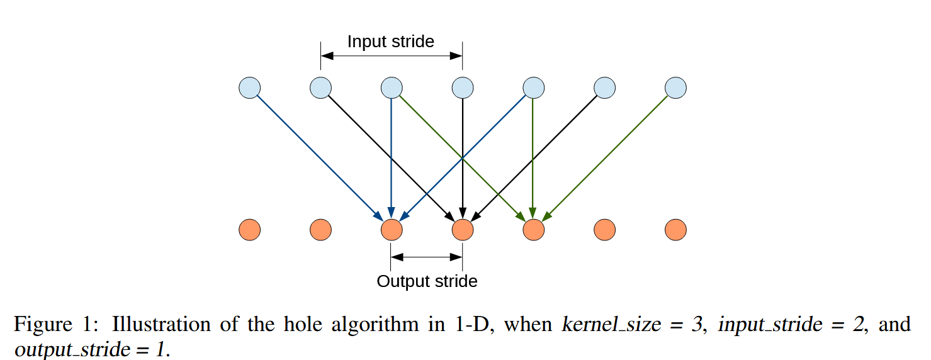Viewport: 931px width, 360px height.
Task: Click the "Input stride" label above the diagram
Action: (x=390, y=42)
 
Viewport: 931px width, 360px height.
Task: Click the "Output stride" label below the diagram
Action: (x=427, y=281)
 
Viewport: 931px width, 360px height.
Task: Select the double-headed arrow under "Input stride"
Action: (x=392, y=56)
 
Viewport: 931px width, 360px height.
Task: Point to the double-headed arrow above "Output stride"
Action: (x=427, y=256)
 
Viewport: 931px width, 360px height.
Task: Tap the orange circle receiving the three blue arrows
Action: (x=392, y=230)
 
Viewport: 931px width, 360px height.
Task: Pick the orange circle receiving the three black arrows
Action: (x=463, y=230)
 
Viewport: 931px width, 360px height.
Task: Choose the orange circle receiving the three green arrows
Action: (x=534, y=230)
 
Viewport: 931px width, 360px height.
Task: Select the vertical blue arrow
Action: (x=392, y=157)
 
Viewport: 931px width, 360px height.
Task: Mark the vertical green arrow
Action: (x=534, y=157)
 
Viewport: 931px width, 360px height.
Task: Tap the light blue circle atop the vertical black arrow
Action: (x=463, y=87)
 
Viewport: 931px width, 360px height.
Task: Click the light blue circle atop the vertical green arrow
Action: (x=534, y=87)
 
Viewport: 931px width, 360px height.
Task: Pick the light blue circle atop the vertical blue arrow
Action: (x=392, y=87)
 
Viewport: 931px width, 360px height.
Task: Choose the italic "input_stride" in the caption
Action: (x=770, y=325)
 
